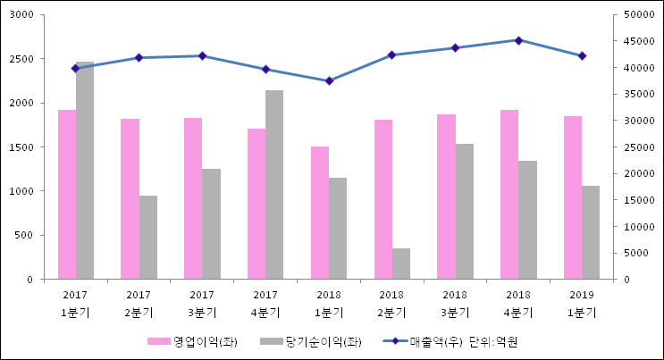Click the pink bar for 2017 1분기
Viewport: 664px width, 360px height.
pyautogui.click(x=67, y=194)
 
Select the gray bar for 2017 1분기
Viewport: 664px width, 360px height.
pyautogui.click(x=85, y=170)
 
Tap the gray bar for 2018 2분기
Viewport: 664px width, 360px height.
pyautogui.click(x=401, y=264)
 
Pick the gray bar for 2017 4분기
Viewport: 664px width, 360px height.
pyautogui.click(x=274, y=184)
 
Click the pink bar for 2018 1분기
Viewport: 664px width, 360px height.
pyautogui.click(x=320, y=213)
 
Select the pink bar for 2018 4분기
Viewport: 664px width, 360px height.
pyautogui.click(x=509, y=194)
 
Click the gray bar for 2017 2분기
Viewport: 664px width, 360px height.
pyautogui.click(x=148, y=237)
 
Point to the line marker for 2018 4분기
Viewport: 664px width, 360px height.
pyautogui.click(x=518, y=40)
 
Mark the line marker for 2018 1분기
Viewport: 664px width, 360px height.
pyautogui.click(x=329, y=80)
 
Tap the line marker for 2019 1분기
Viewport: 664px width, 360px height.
pyautogui.click(x=582, y=55)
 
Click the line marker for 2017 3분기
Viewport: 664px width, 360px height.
pyautogui.click(x=202, y=55)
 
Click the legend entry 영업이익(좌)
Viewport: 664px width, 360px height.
pyautogui.click(x=193, y=341)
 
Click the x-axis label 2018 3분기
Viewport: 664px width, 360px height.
pyautogui.click(x=455, y=303)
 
